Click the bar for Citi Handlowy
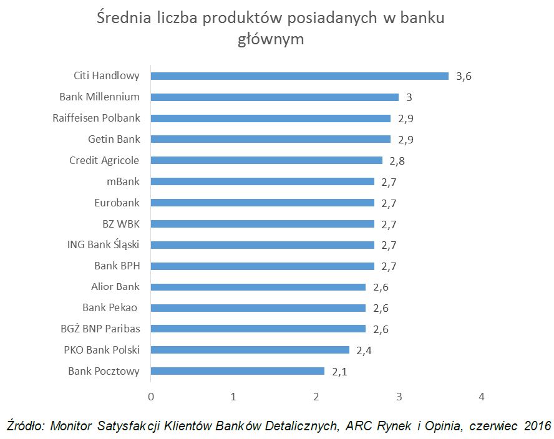299,76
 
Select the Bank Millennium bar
275,97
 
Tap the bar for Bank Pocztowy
238,371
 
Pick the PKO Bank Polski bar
250,350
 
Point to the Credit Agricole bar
266,160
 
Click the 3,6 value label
464,77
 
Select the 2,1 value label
339,372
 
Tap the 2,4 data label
364,350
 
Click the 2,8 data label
397,161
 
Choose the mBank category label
124,181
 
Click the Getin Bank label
115,139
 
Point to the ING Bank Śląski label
104,244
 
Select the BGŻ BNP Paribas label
101,329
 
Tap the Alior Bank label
115,287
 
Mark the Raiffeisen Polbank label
97,118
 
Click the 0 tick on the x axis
151,397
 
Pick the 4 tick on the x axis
481,397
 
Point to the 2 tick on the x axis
316,397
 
